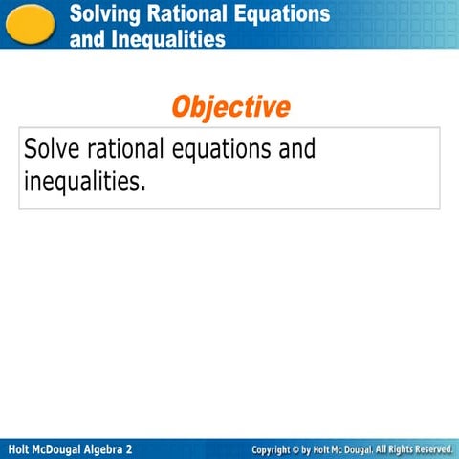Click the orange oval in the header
(30, 23)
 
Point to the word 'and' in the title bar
(86, 39)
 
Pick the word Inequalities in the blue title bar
(167, 39)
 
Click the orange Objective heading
(230, 106)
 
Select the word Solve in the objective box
(52, 150)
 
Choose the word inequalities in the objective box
(84, 181)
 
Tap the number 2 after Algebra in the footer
(129, 448)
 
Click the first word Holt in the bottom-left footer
(18, 448)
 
